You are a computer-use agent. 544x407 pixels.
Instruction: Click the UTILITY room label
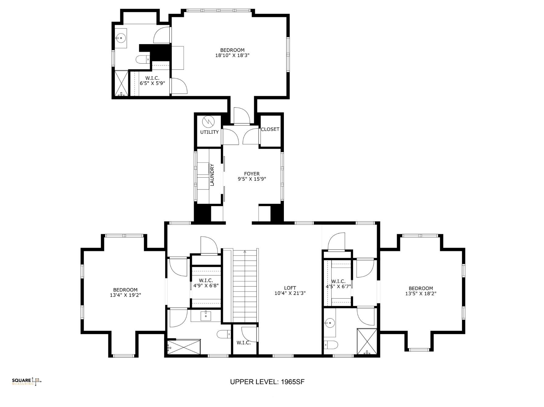click(x=209, y=132)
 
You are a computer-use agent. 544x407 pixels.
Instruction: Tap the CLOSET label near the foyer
click(x=270, y=129)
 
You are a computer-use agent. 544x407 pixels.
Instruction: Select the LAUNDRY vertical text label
click(x=212, y=175)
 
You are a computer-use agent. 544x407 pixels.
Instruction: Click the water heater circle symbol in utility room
click(x=209, y=122)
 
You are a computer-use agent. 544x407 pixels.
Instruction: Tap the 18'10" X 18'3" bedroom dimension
click(x=232, y=55)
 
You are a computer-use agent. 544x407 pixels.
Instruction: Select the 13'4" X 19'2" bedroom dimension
click(x=125, y=295)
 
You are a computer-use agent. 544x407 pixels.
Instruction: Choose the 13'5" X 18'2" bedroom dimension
click(x=421, y=294)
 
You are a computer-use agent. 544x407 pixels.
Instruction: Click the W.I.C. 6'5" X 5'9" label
click(x=152, y=81)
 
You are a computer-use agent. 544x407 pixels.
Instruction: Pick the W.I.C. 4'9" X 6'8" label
click(x=206, y=283)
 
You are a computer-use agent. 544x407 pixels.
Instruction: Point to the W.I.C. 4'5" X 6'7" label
click(x=338, y=284)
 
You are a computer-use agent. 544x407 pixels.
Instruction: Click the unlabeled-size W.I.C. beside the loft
click(x=244, y=343)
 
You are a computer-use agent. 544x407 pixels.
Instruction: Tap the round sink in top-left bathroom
click(x=121, y=38)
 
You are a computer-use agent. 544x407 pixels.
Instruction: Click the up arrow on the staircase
click(x=245, y=252)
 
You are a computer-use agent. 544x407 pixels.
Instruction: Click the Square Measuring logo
click(x=26, y=381)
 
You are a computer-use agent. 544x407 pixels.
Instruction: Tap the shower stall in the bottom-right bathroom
click(x=367, y=341)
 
